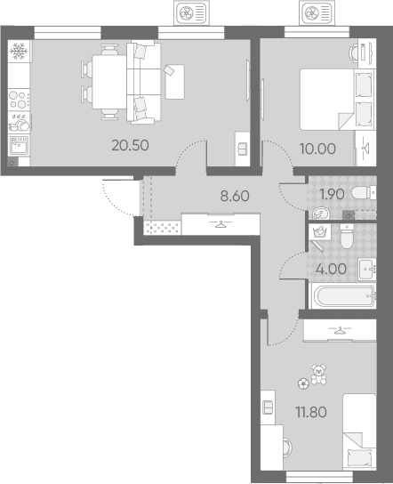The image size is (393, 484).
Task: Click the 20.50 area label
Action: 130,145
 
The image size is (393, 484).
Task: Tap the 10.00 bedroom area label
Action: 317,149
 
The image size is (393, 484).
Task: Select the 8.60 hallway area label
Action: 235,196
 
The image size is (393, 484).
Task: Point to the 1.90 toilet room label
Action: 332,194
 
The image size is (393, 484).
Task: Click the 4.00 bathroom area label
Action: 331,270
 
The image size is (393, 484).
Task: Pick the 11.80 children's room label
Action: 311,412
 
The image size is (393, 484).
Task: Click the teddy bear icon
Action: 318,374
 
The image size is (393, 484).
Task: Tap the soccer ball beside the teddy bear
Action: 303,383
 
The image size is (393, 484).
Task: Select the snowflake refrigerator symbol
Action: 19,51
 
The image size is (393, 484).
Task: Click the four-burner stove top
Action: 19,100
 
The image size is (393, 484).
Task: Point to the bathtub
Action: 342,296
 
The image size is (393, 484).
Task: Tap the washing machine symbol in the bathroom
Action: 320,231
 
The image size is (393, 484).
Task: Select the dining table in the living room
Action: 109,82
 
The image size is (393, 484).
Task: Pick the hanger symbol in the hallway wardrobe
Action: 220,224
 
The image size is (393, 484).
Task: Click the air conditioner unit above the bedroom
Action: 317,13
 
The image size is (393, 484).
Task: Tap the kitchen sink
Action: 19,145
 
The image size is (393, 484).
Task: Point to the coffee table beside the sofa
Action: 175,82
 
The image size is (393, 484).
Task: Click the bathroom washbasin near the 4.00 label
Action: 367,270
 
